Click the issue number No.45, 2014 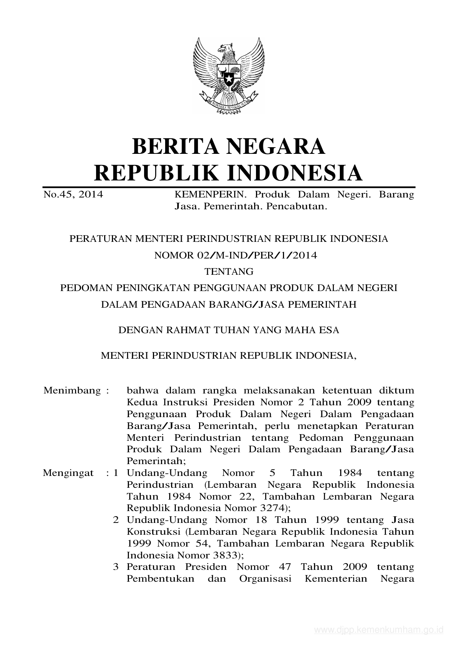coord(73,195)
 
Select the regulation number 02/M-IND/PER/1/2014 coord(257,256)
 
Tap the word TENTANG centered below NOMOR coord(229,272)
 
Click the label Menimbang coord(72,391)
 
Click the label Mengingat coord(68,473)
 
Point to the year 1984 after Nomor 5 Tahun coord(350,473)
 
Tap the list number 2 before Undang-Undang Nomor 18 coord(116,520)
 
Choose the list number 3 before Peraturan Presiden coord(116,567)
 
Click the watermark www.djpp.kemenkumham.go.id coord(378,630)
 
